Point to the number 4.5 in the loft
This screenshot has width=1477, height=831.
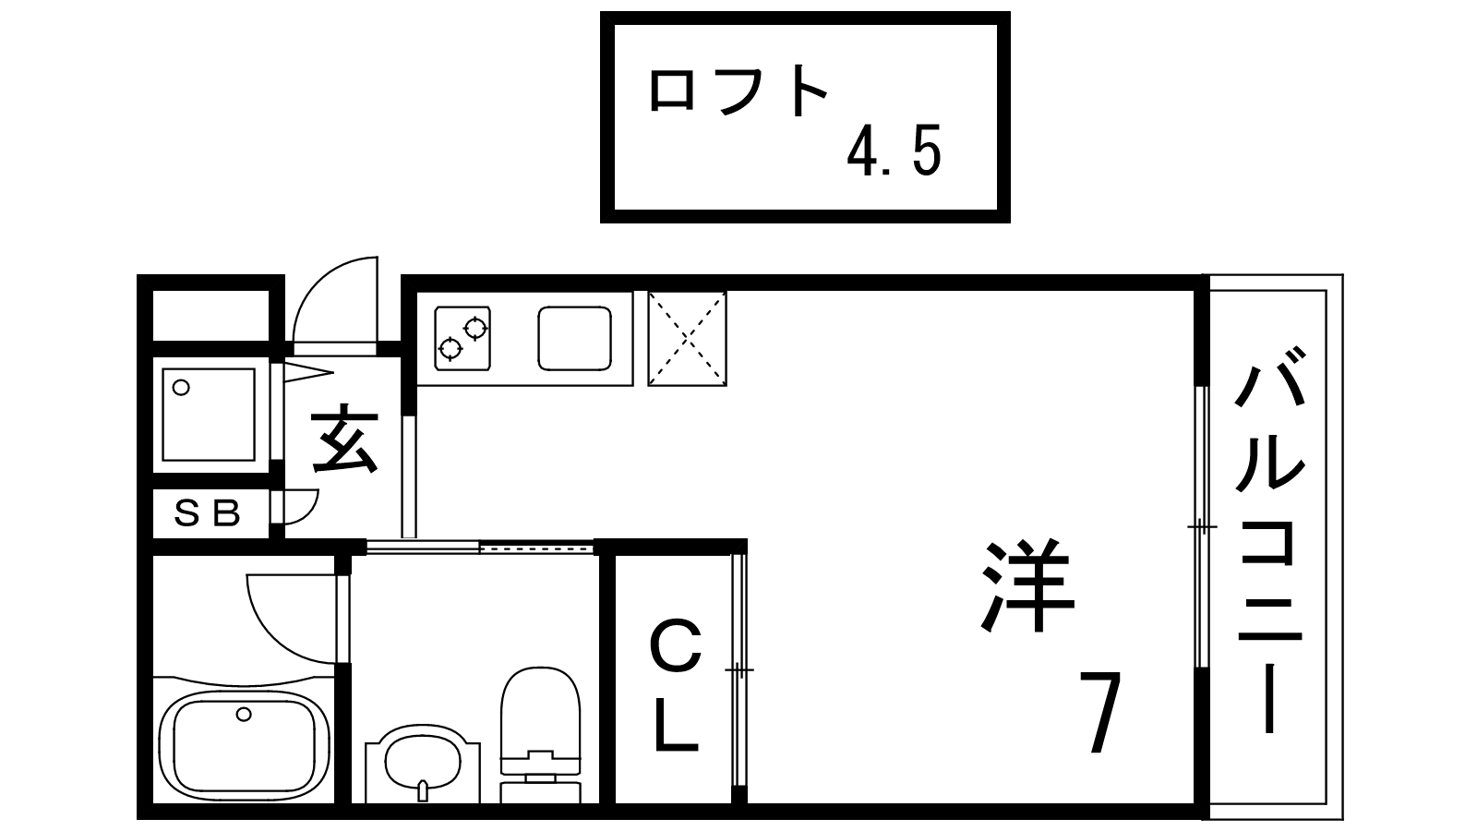[895, 152]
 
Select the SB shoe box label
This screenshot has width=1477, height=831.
[207, 513]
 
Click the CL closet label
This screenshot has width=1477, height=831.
[675, 685]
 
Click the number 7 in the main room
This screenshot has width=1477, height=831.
[1100, 712]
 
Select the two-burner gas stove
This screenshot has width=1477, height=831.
[462, 338]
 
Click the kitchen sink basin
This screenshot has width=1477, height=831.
[574, 338]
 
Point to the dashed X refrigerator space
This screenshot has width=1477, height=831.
[687, 338]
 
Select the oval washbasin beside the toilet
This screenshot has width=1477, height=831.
[422, 763]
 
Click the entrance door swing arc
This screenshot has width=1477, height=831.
[335, 300]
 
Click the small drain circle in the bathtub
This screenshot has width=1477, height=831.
[244, 714]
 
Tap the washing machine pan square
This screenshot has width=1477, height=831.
[208, 415]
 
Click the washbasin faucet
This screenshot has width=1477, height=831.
[423, 790]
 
